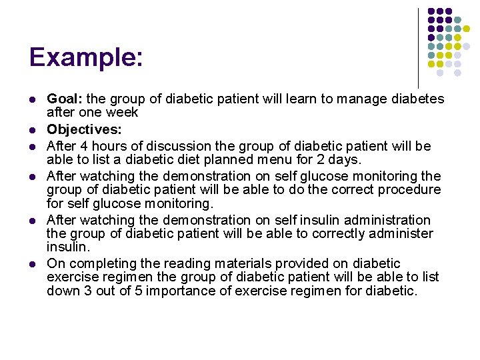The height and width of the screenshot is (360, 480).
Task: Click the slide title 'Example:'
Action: tap(85, 57)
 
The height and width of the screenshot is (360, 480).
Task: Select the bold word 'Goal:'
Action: tap(65, 99)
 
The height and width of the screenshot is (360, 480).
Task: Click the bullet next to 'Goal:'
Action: tap(32, 99)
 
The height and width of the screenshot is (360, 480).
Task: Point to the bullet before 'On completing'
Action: tap(32, 264)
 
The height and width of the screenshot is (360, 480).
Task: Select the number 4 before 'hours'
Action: tap(87, 146)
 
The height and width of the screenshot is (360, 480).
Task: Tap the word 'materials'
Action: tap(235, 264)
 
